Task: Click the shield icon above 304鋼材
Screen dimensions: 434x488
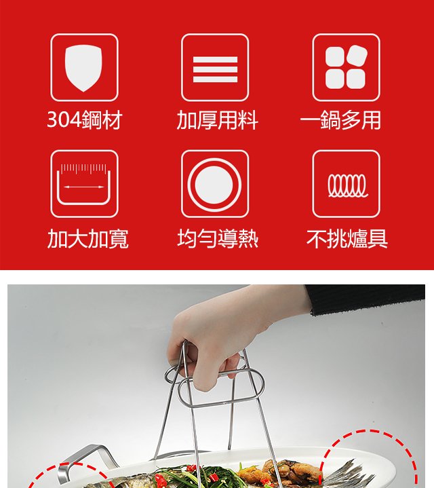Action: [84, 68]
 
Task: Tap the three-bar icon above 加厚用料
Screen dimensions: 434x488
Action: [215, 68]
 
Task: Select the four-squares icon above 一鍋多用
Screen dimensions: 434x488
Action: [346, 68]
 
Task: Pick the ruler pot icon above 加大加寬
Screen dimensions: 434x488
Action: [84, 184]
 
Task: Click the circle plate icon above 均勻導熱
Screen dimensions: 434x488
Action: [215, 184]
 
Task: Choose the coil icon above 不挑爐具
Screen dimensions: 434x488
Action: [346, 184]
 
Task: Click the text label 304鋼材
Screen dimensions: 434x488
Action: [85, 120]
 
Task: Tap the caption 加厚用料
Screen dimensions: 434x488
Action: [217, 120]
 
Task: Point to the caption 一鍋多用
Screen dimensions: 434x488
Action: [340, 120]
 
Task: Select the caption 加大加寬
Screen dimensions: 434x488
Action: [88, 239]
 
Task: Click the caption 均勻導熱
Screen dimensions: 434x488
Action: [218, 239]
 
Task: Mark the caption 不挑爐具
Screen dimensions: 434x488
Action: [347, 239]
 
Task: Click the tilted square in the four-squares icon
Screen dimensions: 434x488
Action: [357, 56]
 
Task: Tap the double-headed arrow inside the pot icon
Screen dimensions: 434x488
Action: [83, 187]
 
